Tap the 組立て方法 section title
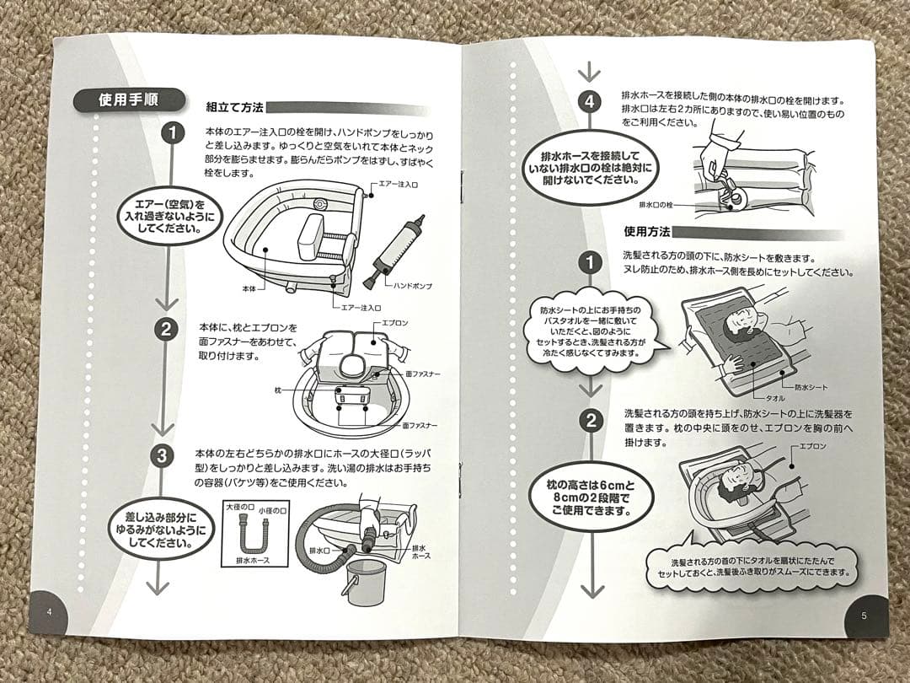235,108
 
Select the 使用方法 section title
646,232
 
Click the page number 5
864,616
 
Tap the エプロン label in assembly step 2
396,323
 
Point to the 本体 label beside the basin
249,288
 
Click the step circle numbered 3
163,457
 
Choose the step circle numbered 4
590,103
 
